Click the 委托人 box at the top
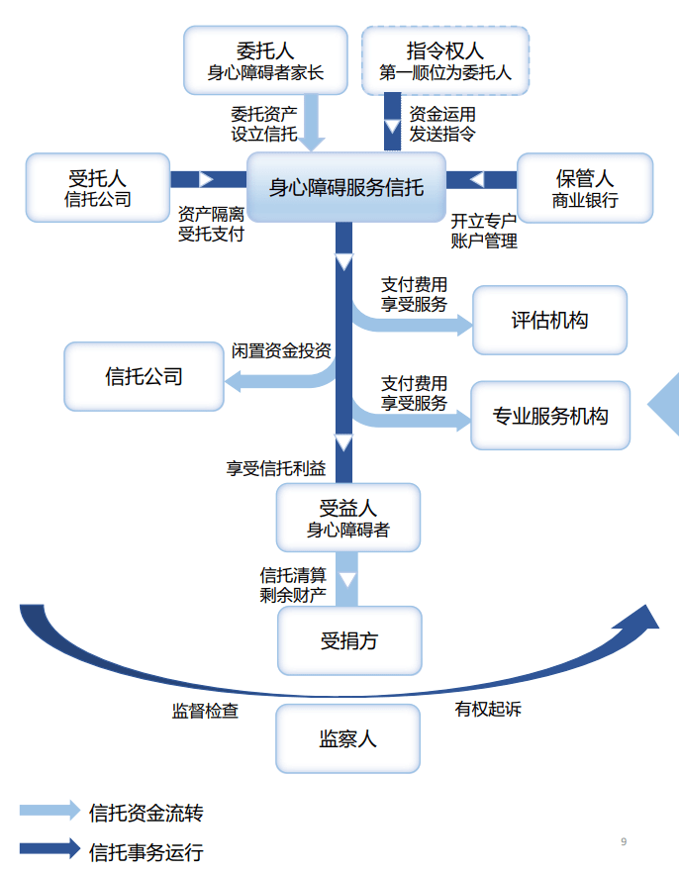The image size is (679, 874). [265, 60]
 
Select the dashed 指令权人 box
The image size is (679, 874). [445, 60]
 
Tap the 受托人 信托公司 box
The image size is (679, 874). [98, 188]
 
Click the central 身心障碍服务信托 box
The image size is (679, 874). [346, 187]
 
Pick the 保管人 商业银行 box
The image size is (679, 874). [585, 188]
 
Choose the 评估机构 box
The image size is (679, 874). [549, 320]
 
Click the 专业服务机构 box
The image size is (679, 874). [549, 416]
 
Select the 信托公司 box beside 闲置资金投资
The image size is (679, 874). [144, 376]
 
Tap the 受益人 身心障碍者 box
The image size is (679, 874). [347, 519]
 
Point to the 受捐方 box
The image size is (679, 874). [348, 640]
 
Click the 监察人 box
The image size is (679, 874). [347, 738]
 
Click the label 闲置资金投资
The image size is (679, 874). [281, 350]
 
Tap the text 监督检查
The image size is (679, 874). [205, 711]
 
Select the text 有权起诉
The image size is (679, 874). [488, 709]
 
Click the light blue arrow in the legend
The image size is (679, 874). [49, 811]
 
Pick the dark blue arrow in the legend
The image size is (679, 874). [49, 848]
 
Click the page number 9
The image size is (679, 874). [624, 841]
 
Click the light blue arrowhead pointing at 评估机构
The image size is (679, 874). [463, 324]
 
